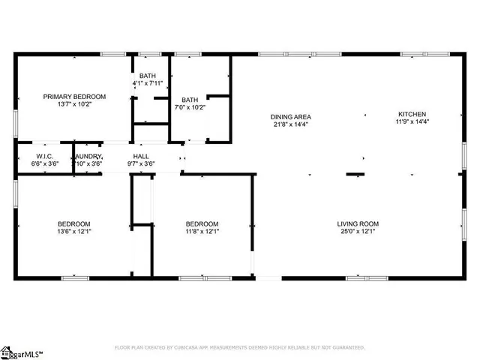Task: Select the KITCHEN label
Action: click(412, 114)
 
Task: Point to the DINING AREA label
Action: click(291, 116)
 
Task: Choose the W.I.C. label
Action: click(43, 155)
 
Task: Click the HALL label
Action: click(140, 155)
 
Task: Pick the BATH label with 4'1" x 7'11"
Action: click(147, 76)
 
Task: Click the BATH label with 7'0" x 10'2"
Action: click(190, 99)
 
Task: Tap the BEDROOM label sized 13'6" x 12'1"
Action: click(74, 223)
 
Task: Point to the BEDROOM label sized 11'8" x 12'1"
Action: click(202, 223)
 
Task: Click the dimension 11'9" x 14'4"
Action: click(412, 122)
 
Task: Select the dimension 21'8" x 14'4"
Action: click(291, 124)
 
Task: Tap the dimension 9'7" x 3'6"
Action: click(140, 163)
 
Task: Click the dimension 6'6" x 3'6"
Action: click(43, 163)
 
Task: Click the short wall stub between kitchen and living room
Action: click(355, 175)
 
